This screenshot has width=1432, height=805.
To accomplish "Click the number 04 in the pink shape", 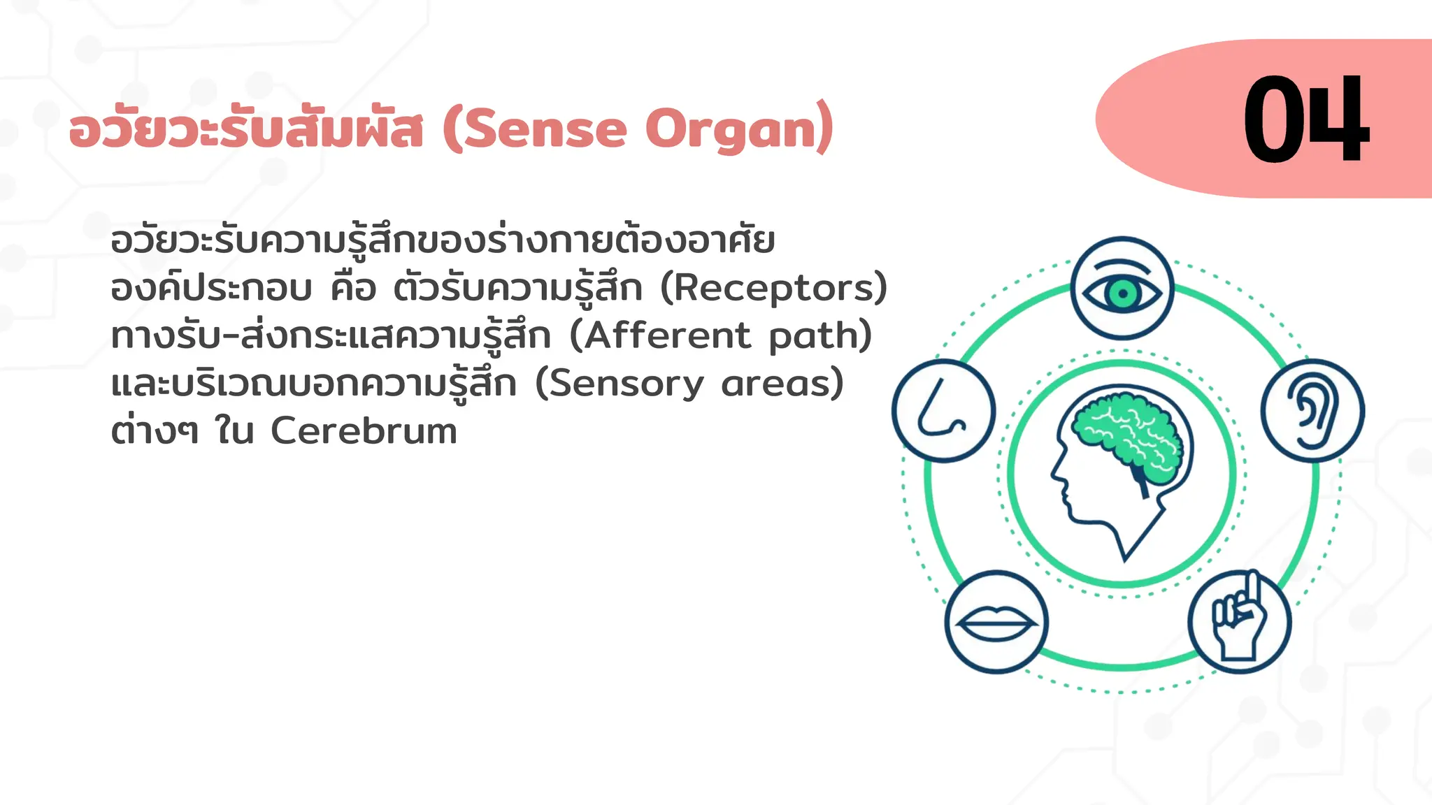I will tap(1305, 119).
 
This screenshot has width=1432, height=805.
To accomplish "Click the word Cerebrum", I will tap(364, 431).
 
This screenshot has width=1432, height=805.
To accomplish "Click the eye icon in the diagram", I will tap(1122, 289).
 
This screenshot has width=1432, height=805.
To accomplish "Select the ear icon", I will tap(1312, 411).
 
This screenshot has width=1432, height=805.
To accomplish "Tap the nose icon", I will tap(943, 411).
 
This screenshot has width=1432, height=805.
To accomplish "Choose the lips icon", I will tap(996, 622).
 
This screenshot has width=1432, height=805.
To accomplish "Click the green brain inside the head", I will tap(1127, 435).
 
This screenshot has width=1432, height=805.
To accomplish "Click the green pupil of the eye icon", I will tap(1122, 293).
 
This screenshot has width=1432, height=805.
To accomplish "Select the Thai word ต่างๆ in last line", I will tap(154, 431).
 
